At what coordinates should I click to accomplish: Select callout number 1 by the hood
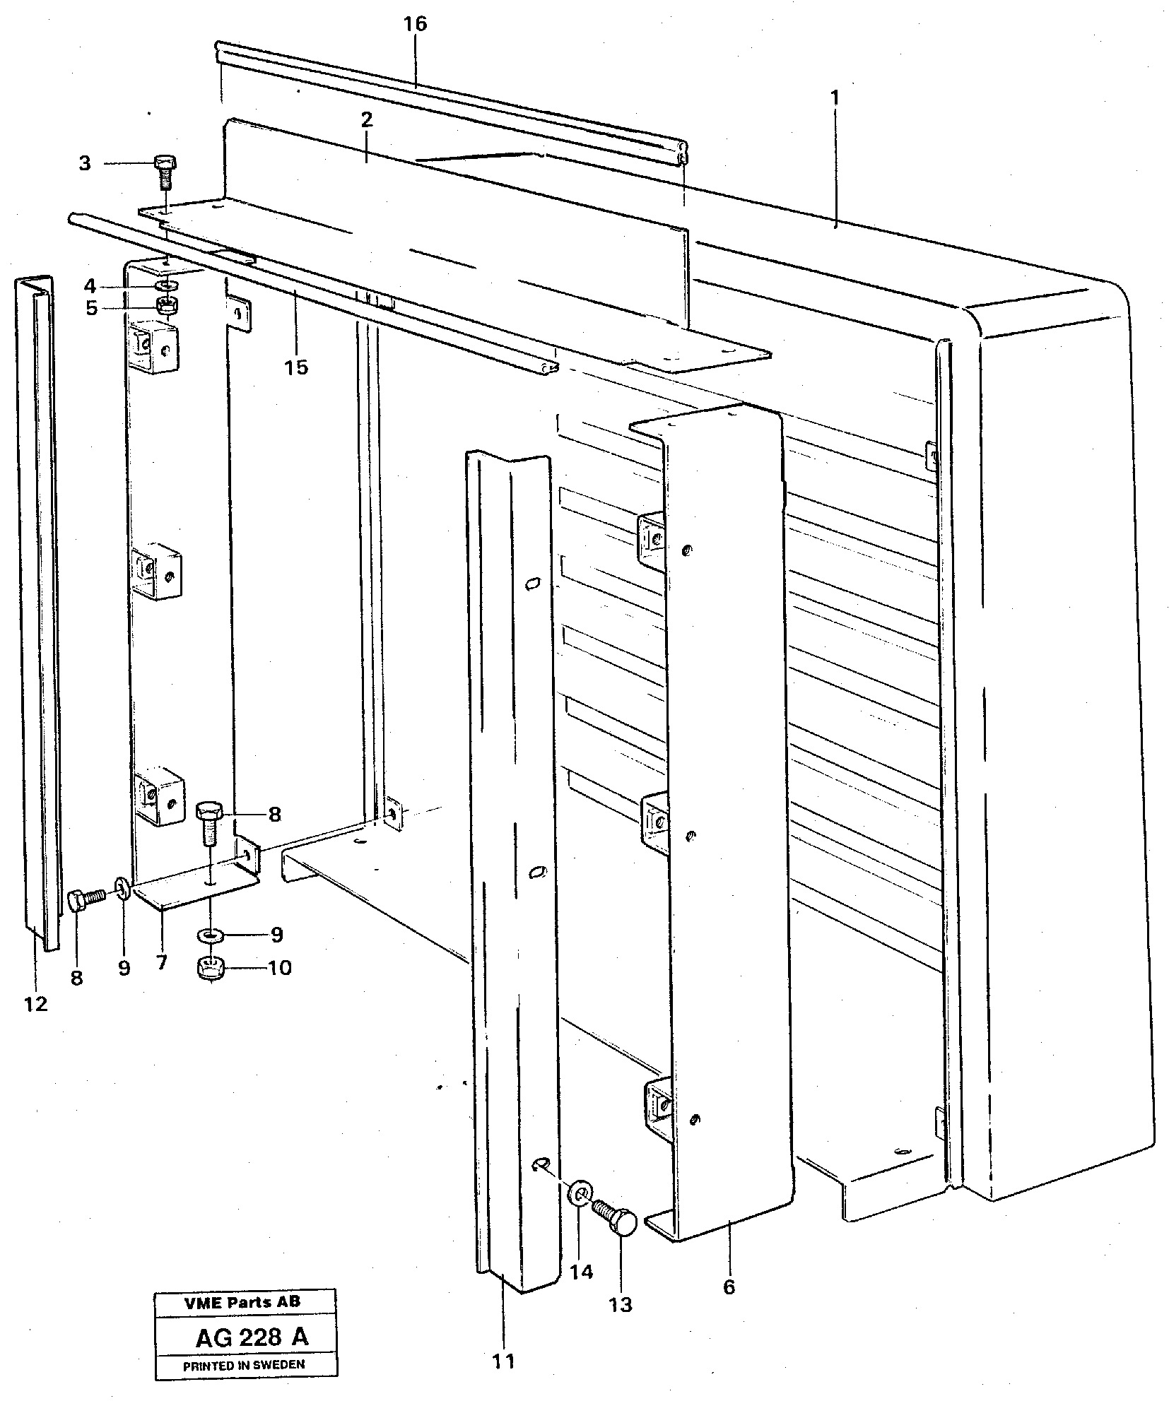click(x=835, y=97)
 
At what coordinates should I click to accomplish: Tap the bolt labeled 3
click(x=165, y=172)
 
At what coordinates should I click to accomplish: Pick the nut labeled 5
click(x=168, y=306)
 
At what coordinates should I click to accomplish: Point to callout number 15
click(x=297, y=367)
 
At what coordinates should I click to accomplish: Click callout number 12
click(x=35, y=1003)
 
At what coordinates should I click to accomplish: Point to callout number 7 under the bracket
click(x=162, y=962)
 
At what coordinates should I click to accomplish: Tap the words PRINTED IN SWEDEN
click(x=244, y=1366)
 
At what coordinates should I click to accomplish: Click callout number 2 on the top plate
click(x=365, y=120)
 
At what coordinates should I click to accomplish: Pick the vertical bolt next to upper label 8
click(x=209, y=822)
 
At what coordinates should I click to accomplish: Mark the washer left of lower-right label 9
click(x=211, y=935)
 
